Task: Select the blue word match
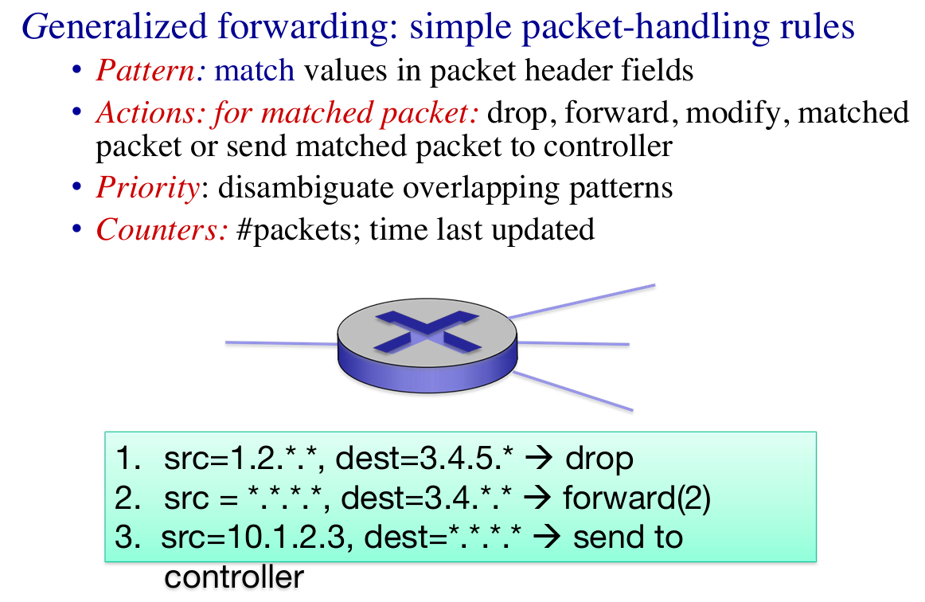click(254, 70)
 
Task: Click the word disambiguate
click(306, 189)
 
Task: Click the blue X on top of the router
click(427, 332)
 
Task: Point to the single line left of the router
click(281, 343)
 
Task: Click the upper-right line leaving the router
click(582, 302)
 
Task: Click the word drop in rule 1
click(599, 459)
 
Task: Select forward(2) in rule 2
click(637, 498)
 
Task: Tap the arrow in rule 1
click(539, 458)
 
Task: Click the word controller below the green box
click(234, 577)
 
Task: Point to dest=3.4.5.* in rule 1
click(424, 459)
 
